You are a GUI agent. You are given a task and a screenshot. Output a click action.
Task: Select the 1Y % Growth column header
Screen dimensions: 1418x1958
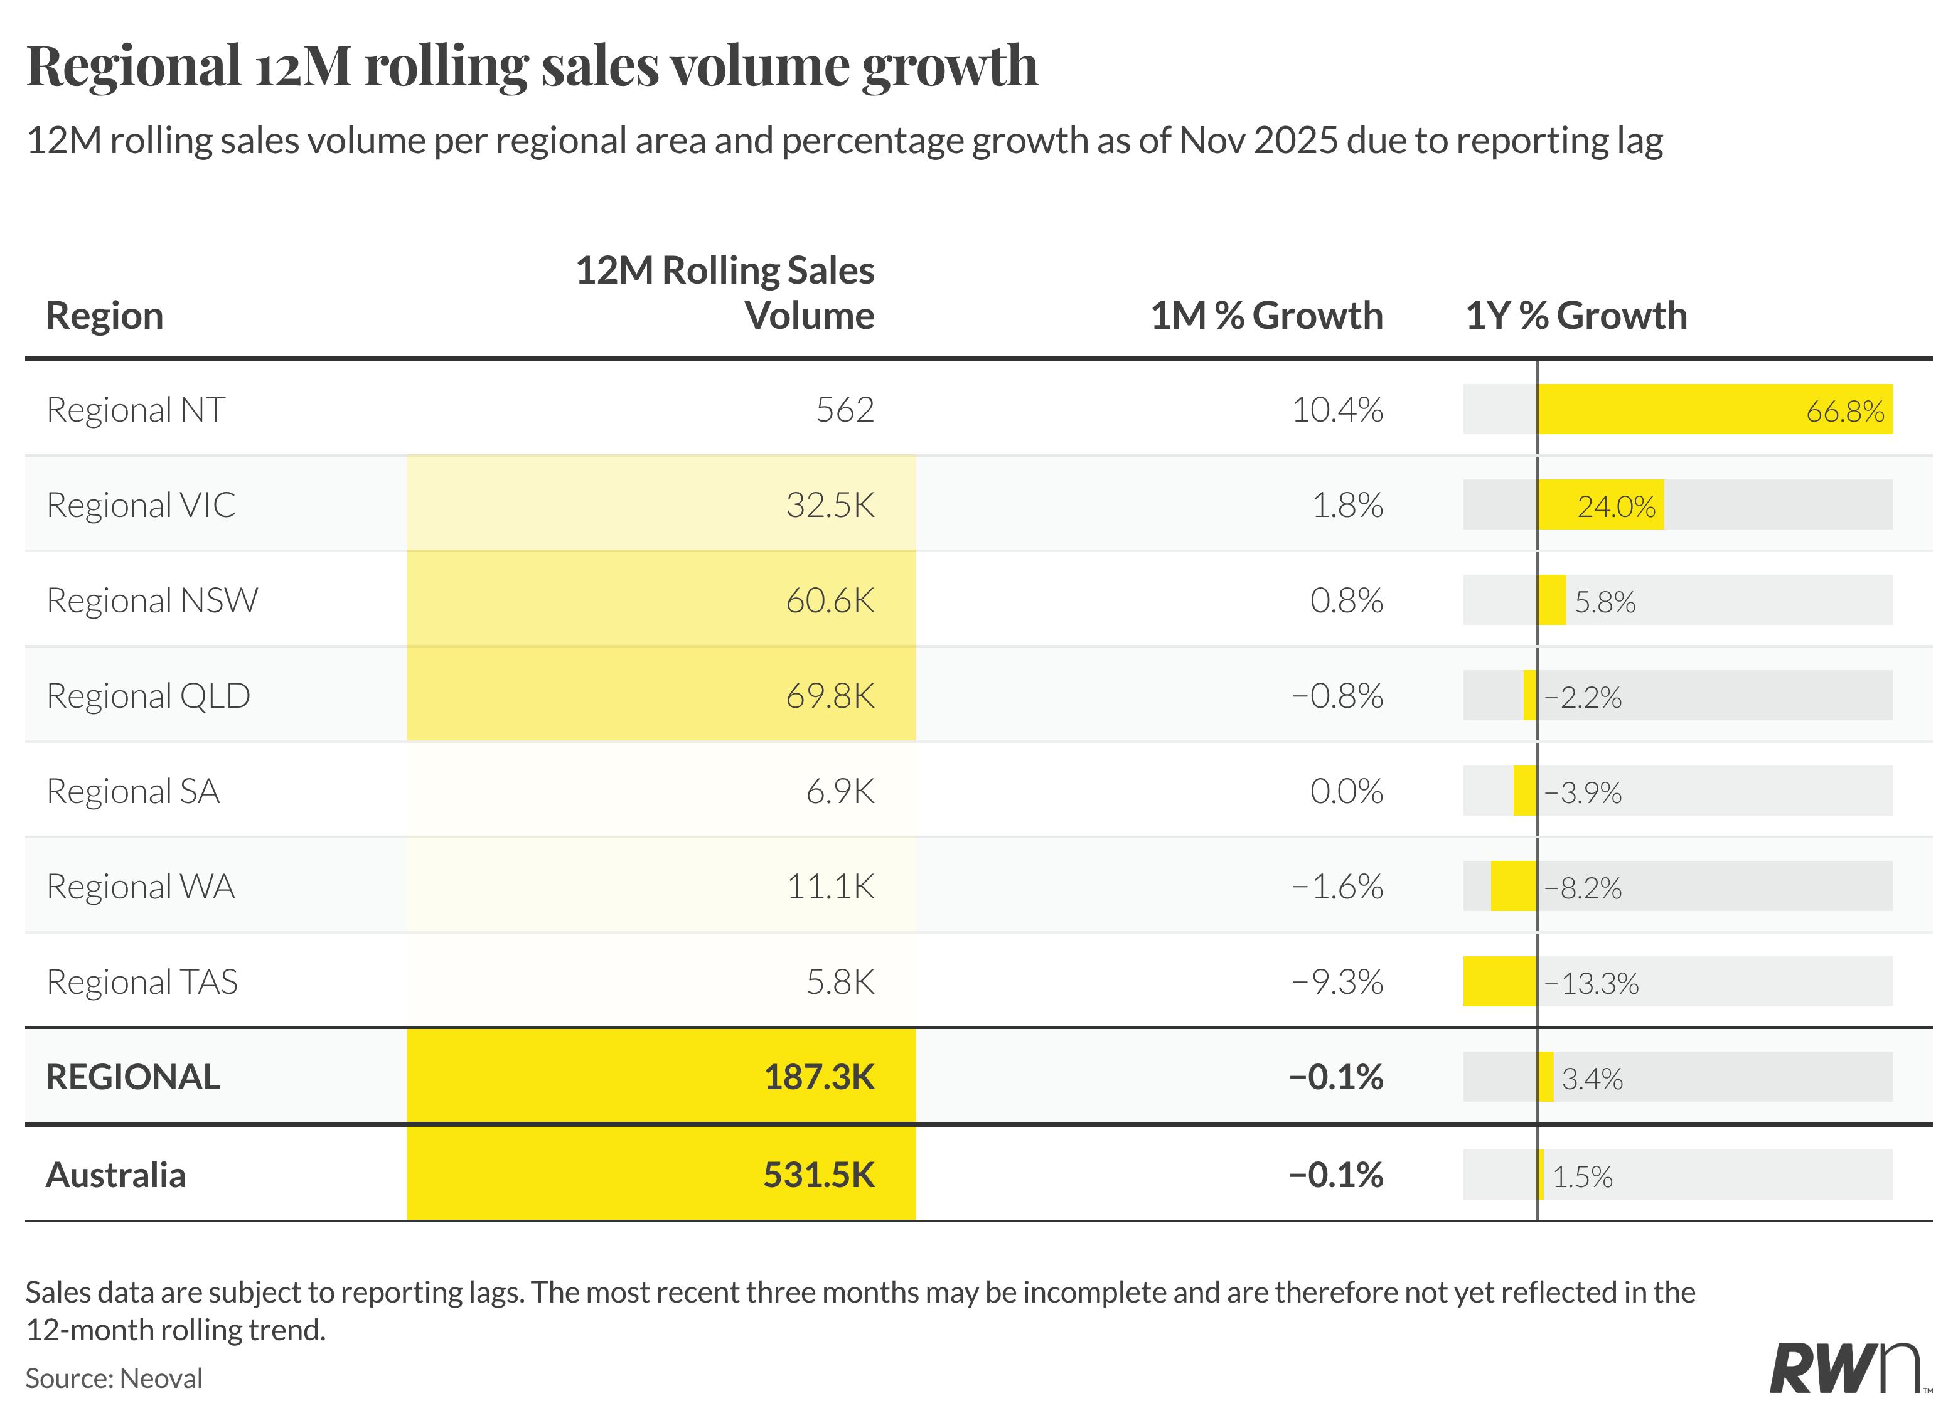[1576, 316]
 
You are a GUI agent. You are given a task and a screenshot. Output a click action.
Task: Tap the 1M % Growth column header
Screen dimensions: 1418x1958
[1266, 316]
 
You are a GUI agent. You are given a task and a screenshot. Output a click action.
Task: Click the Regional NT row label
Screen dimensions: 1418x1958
[136, 410]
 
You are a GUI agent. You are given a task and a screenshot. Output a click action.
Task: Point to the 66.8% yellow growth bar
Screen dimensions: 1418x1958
[1714, 409]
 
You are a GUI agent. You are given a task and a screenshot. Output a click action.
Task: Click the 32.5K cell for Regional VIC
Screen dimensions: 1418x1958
[830, 505]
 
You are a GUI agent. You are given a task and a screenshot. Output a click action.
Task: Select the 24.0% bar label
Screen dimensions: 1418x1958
[1616, 506]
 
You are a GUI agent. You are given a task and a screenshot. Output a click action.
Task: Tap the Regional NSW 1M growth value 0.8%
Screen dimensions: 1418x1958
[1346, 600]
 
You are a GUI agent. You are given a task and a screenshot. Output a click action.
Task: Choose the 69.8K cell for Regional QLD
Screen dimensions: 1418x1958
[830, 696]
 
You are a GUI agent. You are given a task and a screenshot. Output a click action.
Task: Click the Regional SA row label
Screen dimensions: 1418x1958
[133, 791]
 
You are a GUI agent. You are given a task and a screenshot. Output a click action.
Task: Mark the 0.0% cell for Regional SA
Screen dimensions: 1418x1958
[1346, 791]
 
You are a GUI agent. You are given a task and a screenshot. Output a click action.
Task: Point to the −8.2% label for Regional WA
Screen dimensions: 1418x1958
[1583, 888]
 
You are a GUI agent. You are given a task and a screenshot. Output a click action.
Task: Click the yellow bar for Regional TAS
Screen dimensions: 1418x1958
[1500, 981]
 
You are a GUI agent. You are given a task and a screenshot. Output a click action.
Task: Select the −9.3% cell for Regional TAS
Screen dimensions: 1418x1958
[1337, 982]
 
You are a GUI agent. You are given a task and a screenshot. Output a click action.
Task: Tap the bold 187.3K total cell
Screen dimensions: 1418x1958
[820, 1077]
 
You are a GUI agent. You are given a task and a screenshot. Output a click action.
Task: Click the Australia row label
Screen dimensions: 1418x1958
[115, 1175]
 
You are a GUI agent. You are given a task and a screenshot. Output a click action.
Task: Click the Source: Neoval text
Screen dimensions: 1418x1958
[114, 1378]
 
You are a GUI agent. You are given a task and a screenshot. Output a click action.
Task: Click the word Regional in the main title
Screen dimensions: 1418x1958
[134, 66]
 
